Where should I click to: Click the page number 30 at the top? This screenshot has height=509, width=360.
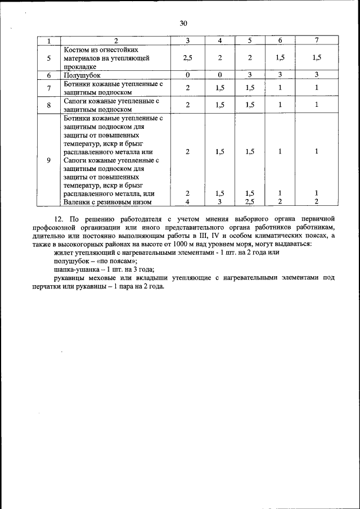click(x=183, y=23)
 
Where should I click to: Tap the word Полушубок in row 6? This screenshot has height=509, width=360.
click(x=82, y=75)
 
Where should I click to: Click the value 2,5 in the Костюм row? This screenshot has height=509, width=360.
click(x=188, y=58)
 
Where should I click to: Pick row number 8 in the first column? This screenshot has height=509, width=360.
click(x=49, y=105)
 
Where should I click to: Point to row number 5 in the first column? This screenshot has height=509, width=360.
click(x=49, y=58)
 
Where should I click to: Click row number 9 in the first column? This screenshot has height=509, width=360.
click(x=49, y=160)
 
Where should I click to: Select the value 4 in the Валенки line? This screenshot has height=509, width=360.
click(x=188, y=202)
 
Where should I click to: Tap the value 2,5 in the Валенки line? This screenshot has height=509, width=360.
click(x=250, y=202)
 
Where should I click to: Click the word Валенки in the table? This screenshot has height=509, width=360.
click(x=78, y=202)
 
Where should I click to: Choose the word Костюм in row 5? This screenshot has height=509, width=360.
click(x=78, y=49)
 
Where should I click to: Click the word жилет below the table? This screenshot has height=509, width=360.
click(x=62, y=253)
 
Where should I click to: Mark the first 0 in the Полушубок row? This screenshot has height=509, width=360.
click(x=188, y=75)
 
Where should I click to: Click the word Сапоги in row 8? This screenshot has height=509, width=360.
click(x=76, y=101)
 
